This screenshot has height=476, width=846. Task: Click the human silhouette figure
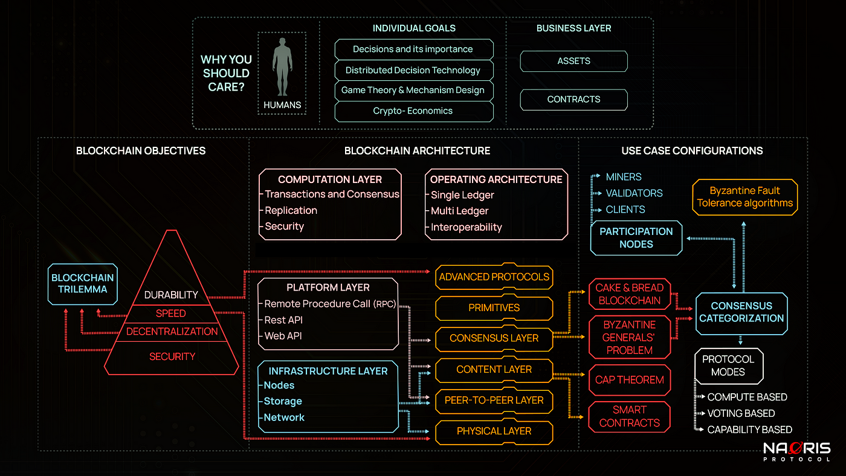[x=282, y=66]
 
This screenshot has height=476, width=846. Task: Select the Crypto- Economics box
[x=413, y=111]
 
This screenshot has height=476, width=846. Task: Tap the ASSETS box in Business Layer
[x=573, y=61]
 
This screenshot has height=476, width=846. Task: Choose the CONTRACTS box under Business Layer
[x=573, y=100]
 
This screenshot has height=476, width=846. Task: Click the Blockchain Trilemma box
[x=83, y=283]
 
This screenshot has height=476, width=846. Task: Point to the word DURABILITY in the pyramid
[x=172, y=295]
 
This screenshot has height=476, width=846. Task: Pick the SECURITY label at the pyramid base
[x=172, y=356]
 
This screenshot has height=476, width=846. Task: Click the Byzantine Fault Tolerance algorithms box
[x=744, y=197]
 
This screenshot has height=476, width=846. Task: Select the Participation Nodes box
[x=636, y=238]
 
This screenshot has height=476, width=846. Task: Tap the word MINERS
[x=624, y=177]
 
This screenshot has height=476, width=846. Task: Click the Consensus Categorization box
[x=741, y=312]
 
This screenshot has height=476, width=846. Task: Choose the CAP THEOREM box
[x=629, y=380]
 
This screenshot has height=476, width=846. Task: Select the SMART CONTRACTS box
[x=629, y=416]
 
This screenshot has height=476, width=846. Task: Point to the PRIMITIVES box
[x=494, y=307]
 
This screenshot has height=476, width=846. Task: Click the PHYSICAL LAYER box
[x=494, y=431]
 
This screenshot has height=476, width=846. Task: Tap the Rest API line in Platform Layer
[x=283, y=320]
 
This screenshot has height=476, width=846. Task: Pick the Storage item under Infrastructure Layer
[x=283, y=401]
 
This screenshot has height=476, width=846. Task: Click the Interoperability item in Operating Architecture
[x=466, y=227]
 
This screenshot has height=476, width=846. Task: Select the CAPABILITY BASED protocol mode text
[x=749, y=429]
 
